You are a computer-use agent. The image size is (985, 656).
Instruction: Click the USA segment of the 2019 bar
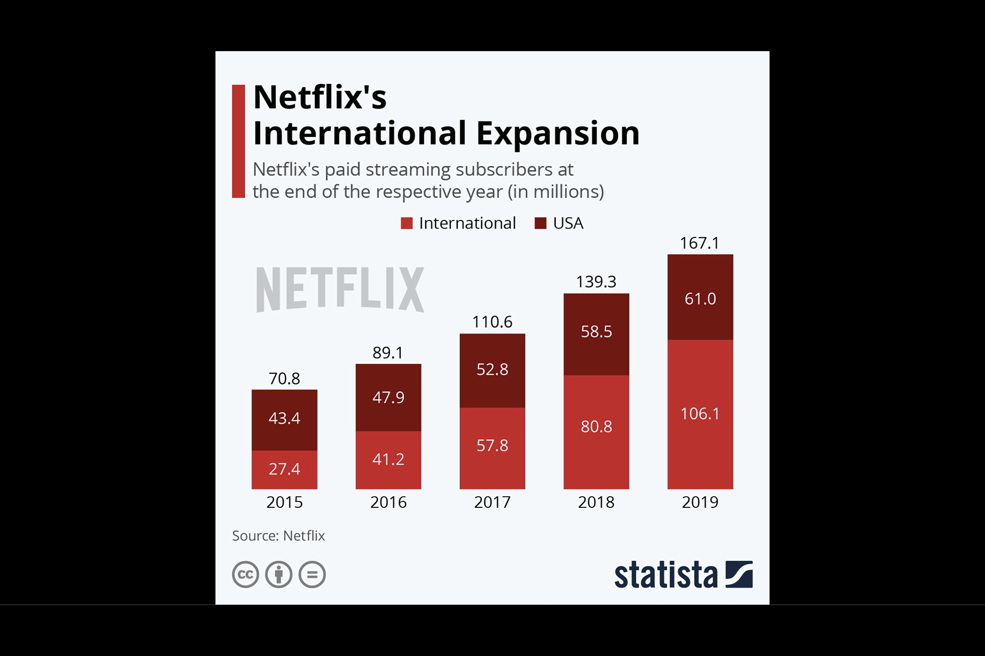700,297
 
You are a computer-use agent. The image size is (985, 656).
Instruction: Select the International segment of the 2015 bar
284,469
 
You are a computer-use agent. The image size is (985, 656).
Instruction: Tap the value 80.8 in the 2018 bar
596,426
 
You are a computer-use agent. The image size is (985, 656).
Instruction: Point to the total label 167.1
700,243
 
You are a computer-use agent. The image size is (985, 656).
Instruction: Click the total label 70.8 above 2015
284,379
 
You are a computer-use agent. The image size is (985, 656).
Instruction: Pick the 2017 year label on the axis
492,502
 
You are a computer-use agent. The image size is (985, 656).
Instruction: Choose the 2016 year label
388,502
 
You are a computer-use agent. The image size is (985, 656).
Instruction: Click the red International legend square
406,223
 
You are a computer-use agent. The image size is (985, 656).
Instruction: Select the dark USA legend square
540,223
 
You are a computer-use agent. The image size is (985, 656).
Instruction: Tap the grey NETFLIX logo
340,289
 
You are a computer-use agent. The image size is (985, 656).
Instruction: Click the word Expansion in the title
558,133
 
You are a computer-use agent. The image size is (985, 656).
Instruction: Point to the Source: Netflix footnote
279,536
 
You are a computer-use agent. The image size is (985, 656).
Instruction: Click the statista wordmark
666,575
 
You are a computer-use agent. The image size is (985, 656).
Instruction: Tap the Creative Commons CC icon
245,574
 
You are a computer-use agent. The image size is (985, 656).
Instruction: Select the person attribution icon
279,574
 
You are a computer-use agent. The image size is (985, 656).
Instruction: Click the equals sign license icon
312,574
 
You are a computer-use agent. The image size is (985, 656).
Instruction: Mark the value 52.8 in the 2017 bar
492,370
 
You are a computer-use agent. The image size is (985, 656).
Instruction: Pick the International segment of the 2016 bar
388,460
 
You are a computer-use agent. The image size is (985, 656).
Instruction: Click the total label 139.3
596,282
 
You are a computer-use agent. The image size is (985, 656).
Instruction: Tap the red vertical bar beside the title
239,141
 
